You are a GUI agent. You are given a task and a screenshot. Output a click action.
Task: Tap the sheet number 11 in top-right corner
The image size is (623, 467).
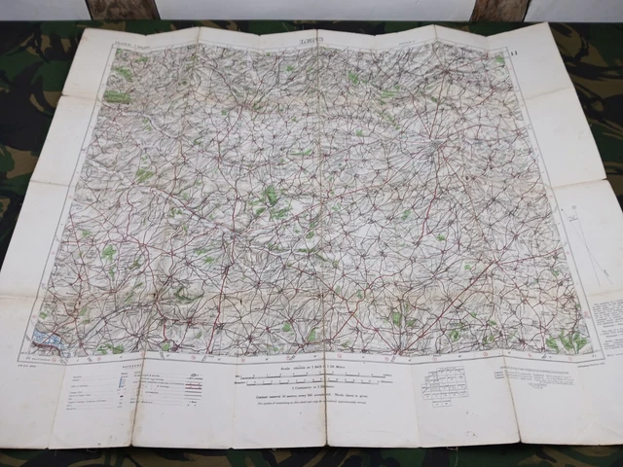tap(514, 39)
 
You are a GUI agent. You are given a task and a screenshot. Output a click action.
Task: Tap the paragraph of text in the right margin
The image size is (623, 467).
tap(611, 321)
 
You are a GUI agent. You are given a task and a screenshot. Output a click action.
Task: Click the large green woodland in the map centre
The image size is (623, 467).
tap(273, 199)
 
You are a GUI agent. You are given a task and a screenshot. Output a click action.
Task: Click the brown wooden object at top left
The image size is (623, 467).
tap(123, 10)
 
